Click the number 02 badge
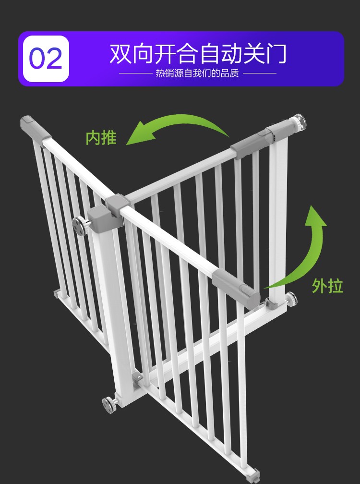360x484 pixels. [x=46, y=59]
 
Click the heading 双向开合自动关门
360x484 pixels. [x=198, y=53]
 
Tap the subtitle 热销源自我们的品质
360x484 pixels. [x=197, y=73]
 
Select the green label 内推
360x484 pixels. [x=101, y=137]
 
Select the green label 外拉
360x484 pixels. [x=328, y=285]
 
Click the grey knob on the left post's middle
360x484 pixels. [x=80, y=225]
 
